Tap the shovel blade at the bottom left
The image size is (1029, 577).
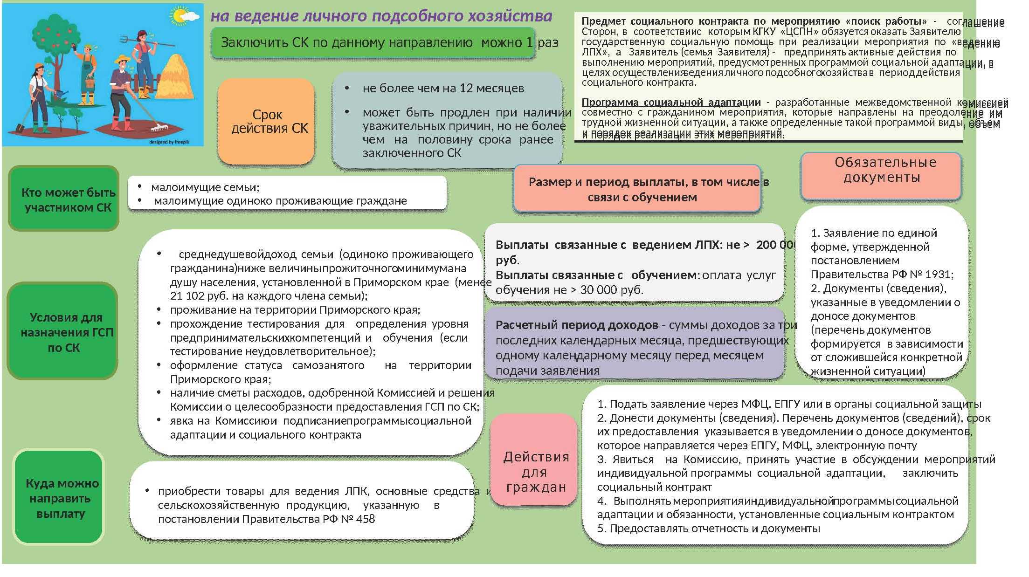pyautogui.click(x=20, y=127)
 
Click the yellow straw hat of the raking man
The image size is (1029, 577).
pyautogui.click(x=122, y=60)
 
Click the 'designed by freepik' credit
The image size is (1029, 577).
pyautogui.click(x=169, y=142)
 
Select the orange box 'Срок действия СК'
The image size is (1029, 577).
pyautogui.click(x=266, y=121)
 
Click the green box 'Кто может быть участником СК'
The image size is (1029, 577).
pyautogui.click(x=64, y=199)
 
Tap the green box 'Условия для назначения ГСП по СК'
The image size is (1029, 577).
pyautogui.click(x=63, y=331)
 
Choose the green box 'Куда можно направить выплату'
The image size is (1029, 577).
pyautogui.click(x=59, y=497)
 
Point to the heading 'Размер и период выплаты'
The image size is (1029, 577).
pyautogui.click(x=637, y=189)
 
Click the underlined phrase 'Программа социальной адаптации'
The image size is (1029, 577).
pyautogui.click(x=671, y=102)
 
